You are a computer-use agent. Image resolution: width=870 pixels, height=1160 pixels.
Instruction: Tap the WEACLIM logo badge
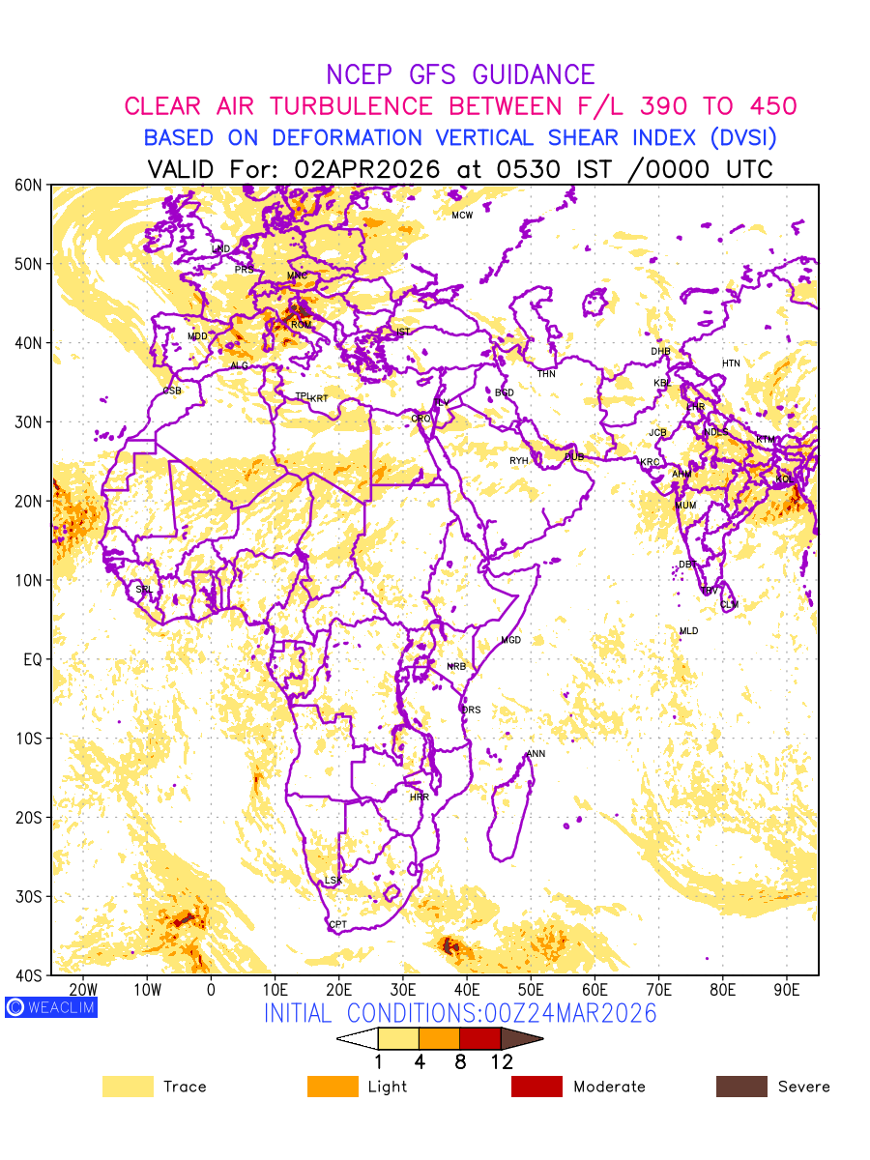pyautogui.click(x=50, y=1007)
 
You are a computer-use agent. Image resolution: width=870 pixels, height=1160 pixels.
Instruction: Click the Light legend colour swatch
pyautogui.click(x=333, y=1087)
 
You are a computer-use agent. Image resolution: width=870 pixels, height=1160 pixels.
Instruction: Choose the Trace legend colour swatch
pyautogui.click(x=128, y=1087)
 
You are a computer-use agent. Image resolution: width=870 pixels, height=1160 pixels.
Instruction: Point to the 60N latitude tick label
pyautogui.click(x=29, y=185)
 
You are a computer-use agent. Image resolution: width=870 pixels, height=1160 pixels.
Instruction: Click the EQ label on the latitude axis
pyautogui.click(x=32, y=659)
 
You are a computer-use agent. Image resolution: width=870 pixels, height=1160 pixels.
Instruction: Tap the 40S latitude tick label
pyautogui.click(x=29, y=975)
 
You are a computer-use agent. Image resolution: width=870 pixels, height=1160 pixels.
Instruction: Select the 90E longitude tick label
pyautogui.click(x=787, y=990)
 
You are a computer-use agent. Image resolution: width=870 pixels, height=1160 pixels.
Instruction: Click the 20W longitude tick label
pyautogui.click(x=83, y=990)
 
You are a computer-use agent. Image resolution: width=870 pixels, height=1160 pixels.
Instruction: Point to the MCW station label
pyautogui.click(x=462, y=215)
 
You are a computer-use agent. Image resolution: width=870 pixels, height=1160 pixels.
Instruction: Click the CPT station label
pyautogui.click(x=337, y=925)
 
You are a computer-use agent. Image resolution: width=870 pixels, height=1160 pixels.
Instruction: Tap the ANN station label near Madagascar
pyautogui.click(x=536, y=754)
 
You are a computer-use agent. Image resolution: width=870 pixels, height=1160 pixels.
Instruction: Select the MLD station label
pyautogui.click(x=688, y=631)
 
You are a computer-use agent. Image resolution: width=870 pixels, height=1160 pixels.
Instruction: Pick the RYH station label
pyautogui.click(x=519, y=461)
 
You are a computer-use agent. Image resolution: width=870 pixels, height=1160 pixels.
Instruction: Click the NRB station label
pyautogui.click(x=456, y=667)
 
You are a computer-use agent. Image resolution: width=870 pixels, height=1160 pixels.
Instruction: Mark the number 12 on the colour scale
pyautogui.click(x=501, y=1061)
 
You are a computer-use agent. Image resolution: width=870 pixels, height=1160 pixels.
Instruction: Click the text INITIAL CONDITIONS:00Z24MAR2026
pyautogui.click(x=460, y=1013)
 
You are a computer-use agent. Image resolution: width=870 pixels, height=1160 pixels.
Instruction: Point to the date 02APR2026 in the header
pyautogui.click(x=367, y=169)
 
